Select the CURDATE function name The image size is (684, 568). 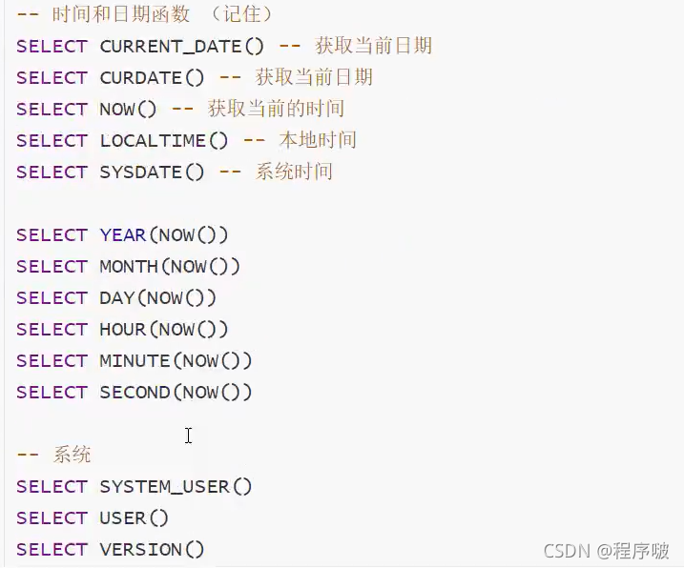[x=140, y=77]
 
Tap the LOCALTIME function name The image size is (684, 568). [x=153, y=140]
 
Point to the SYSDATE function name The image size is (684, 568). [x=140, y=172]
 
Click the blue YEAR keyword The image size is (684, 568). [x=123, y=234]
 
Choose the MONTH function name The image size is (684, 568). [x=129, y=266]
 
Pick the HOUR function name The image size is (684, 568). [x=123, y=329]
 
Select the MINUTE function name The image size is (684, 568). [x=135, y=360]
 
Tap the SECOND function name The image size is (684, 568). [x=135, y=392]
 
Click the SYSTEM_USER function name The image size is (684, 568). [x=164, y=486]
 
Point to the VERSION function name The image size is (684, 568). [x=140, y=549]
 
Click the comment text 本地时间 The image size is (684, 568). [x=318, y=140]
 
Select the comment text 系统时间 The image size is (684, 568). [x=294, y=172]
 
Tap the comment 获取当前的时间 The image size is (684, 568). [x=276, y=109]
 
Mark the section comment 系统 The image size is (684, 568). [x=72, y=455]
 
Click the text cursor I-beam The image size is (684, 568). [x=189, y=436]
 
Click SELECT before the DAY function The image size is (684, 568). [x=52, y=297]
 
